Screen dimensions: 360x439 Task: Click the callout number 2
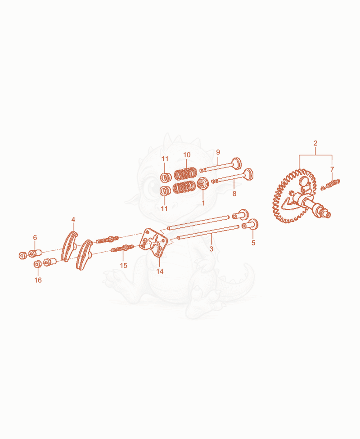tap(315, 143)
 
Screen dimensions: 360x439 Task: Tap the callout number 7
tap(332, 169)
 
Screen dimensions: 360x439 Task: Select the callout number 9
tap(218, 152)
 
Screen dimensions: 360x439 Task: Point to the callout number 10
tap(187, 155)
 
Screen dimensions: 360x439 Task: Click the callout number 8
tap(234, 194)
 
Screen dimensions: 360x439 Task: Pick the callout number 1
tap(203, 203)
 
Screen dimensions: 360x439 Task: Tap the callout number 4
tap(73, 220)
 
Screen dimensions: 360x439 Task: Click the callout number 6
tap(35, 237)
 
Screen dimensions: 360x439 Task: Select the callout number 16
tap(38, 280)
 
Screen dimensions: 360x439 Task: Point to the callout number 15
tap(124, 265)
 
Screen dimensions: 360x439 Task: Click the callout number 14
tap(160, 272)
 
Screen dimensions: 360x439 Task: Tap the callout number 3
tap(211, 249)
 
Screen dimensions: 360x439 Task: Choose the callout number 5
tap(253, 243)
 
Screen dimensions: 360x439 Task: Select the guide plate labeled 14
tap(153, 243)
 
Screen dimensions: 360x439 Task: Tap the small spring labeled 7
tap(330, 185)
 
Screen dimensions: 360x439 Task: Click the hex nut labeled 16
tap(37, 264)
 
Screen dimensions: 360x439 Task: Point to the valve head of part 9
tap(237, 163)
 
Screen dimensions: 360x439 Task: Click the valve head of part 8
tap(248, 174)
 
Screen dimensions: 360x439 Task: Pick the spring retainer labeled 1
tap(202, 183)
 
